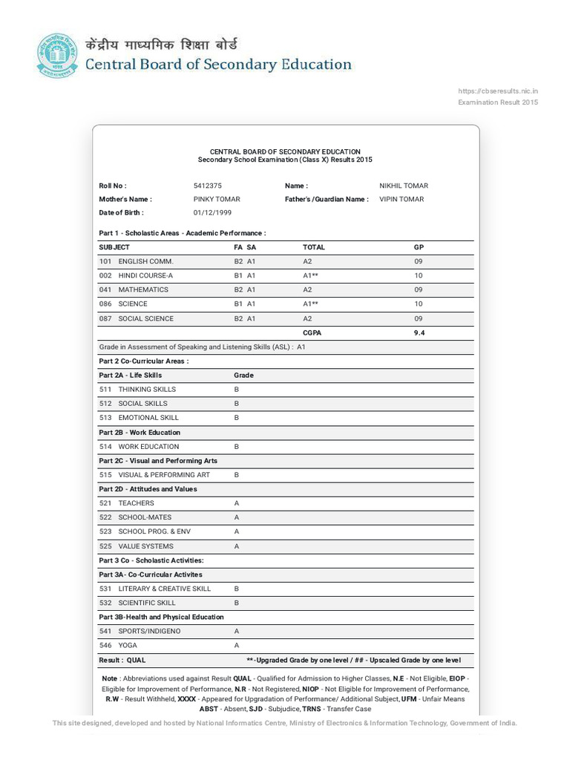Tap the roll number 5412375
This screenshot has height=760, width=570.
[207, 186]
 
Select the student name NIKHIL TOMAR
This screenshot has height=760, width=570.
[403, 186]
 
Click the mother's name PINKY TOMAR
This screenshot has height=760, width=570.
[216, 199]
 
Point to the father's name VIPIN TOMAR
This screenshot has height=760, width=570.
[402, 199]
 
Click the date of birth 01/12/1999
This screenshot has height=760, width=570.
[212, 212]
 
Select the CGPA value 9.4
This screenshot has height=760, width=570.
[419, 332]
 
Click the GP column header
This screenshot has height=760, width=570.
[419, 246]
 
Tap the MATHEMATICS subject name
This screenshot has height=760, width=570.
[143, 289]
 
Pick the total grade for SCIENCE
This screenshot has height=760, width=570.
[310, 304]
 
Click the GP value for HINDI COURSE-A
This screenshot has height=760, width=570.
[419, 275]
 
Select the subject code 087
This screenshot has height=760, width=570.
[105, 318]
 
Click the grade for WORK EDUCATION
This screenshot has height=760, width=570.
[237, 447]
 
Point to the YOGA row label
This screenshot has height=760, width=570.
[128, 645]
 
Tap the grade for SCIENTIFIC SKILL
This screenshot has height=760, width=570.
[237, 603]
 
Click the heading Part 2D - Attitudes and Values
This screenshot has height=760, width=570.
[148, 489]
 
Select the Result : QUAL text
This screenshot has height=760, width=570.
[122, 660]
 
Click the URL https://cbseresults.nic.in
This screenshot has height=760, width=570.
[497, 91]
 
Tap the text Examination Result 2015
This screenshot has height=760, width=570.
[497, 102]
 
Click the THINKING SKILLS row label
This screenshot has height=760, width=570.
[147, 389]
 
